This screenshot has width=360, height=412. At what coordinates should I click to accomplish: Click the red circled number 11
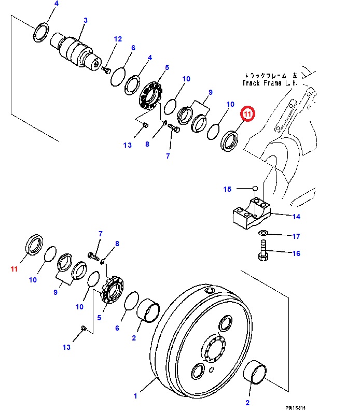247,113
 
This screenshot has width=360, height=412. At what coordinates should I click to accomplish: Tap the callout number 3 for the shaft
85,20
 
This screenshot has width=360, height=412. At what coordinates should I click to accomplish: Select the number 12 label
118,39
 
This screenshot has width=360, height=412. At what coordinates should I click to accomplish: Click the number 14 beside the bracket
296,217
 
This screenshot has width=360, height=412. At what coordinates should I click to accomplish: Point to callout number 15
227,189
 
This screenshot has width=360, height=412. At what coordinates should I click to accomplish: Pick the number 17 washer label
296,237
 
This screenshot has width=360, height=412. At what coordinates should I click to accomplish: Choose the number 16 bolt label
296,253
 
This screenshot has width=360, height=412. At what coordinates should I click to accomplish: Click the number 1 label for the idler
135,396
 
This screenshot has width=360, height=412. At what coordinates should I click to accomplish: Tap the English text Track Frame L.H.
269,83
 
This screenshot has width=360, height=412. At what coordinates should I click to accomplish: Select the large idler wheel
202,347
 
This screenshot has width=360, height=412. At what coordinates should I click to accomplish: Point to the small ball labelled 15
255,188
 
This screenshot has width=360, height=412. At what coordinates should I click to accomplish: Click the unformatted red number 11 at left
14,269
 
